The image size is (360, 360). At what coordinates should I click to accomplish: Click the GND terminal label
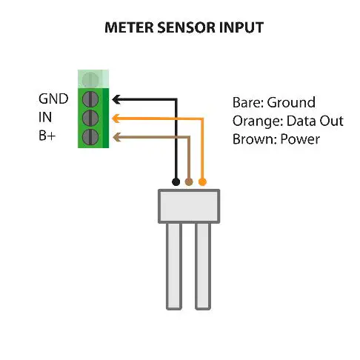pos(53,99)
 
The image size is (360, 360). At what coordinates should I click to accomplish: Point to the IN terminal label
pos(46,117)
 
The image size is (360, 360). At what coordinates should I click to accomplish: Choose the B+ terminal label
pos(48,136)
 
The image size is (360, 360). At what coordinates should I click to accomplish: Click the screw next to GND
pos(90,99)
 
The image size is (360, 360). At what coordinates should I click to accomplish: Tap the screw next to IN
pos(90,118)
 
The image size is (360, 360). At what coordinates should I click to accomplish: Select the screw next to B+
pos(90,137)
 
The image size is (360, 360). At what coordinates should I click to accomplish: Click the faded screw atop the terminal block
pos(90,79)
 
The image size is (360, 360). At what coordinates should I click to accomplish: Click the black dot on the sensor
pos(176,181)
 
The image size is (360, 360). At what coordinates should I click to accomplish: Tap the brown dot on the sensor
pos(189,181)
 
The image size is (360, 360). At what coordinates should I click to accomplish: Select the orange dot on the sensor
pos(202,181)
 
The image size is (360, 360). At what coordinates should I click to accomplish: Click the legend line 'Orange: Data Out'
pos(279,121)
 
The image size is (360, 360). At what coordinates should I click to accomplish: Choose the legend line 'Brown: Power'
pos(276,139)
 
